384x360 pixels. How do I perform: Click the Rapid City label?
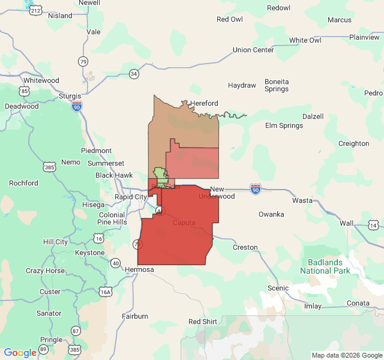point(131,197)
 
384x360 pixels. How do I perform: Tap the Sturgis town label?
point(70,95)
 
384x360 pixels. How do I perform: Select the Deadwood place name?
point(22,106)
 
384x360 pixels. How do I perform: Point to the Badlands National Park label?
point(325,266)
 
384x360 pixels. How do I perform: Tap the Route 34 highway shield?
point(134,74)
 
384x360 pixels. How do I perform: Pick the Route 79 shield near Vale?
point(83,61)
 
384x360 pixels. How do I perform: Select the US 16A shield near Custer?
point(106,292)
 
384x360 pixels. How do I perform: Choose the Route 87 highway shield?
point(76,331)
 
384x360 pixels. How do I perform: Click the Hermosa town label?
point(140,269)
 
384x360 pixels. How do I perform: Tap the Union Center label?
point(253,50)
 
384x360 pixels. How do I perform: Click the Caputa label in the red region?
point(184,223)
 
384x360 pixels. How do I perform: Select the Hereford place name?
point(204,103)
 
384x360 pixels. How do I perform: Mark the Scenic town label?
point(278,288)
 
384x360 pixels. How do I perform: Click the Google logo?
point(20,353)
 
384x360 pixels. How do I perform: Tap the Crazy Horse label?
point(45,271)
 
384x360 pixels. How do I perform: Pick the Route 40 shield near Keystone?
point(115,263)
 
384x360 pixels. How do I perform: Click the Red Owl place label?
point(230,19)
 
